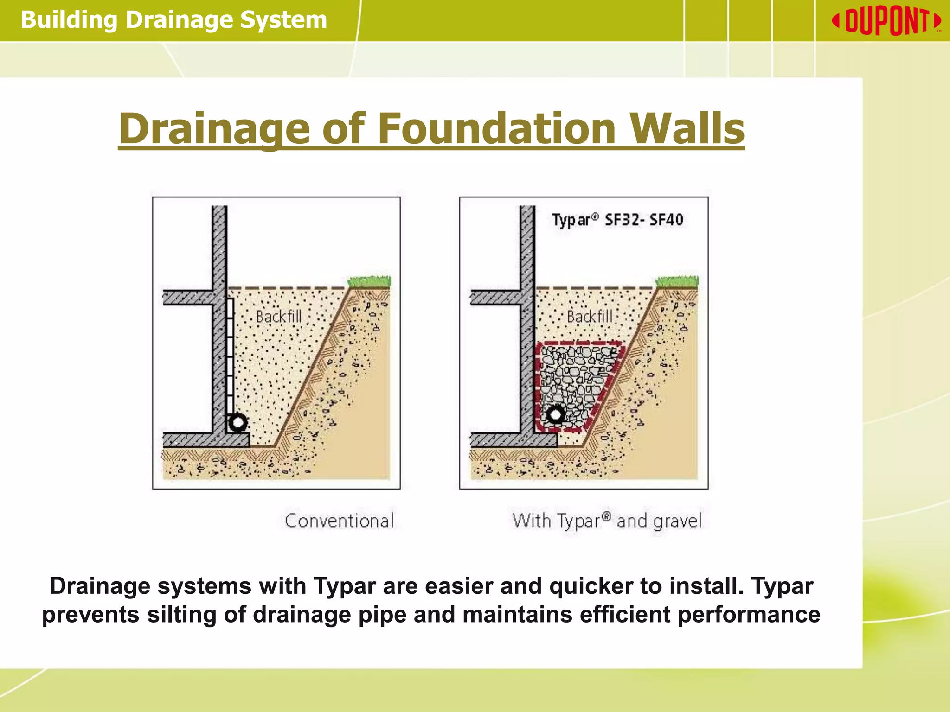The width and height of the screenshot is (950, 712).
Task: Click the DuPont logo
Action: coord(886,21)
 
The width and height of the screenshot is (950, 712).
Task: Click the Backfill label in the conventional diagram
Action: coord(278,317)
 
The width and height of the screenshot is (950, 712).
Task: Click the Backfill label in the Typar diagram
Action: coord(590,317)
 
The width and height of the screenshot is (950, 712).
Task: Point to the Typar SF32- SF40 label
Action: coord(617,220)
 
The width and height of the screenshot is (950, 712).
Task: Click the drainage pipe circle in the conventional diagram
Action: coord(238,423)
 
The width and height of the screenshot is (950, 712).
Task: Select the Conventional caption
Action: coord(339,521)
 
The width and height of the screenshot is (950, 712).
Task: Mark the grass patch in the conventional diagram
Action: coord(370,281)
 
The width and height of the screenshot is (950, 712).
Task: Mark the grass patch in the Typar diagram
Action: coord(677,281)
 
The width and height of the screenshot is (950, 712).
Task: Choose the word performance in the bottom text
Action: coord(749,615)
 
